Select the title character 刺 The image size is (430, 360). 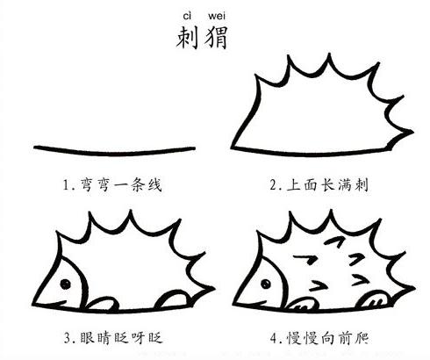coord(187,38)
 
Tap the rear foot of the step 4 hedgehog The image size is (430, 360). coord(376,296)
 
